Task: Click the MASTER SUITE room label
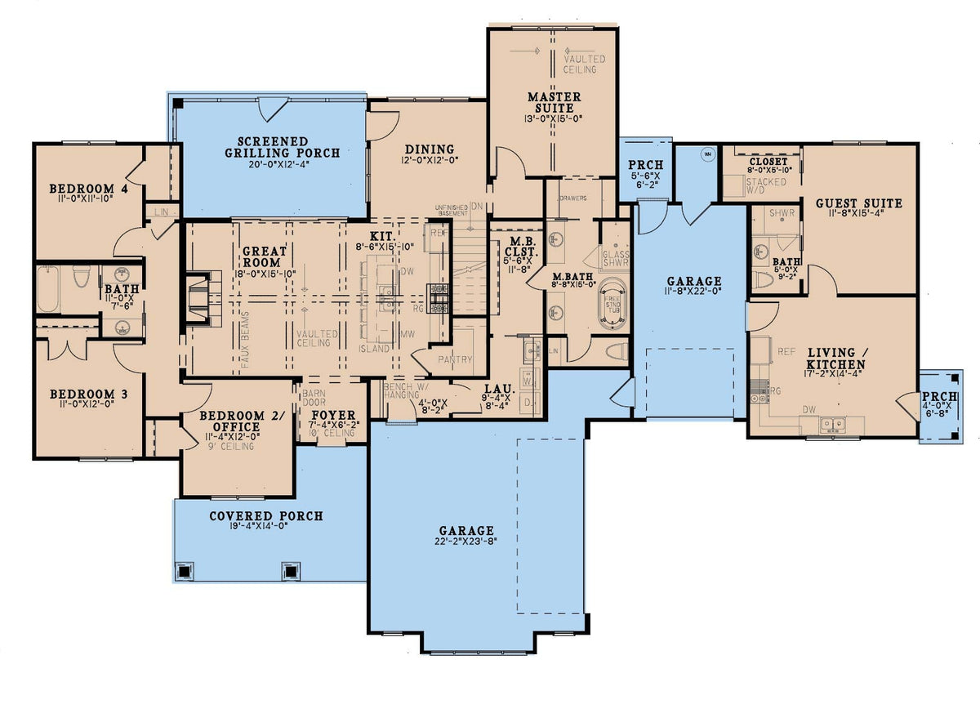(554, 102)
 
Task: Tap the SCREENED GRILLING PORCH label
(267, 146)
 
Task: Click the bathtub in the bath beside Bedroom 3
(48, 288)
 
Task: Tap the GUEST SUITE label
(858, 203)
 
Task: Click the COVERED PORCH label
(265, 516)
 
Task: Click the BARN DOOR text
(314, 398)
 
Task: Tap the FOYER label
(333, 415)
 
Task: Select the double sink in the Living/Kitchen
(832, 423)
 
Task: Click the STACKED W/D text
(765, 186)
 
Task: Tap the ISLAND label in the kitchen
(375, 349)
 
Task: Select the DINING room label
(429, 149)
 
